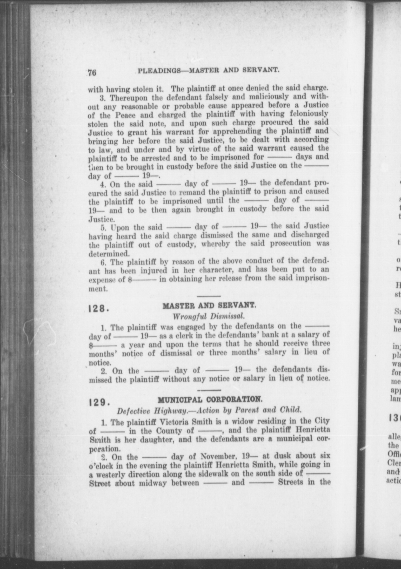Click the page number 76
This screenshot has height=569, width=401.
coord(92,72)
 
